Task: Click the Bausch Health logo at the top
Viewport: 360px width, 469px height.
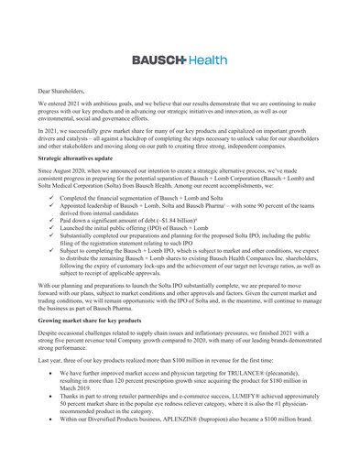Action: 180,60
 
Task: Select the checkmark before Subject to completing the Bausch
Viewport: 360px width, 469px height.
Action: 45,287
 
